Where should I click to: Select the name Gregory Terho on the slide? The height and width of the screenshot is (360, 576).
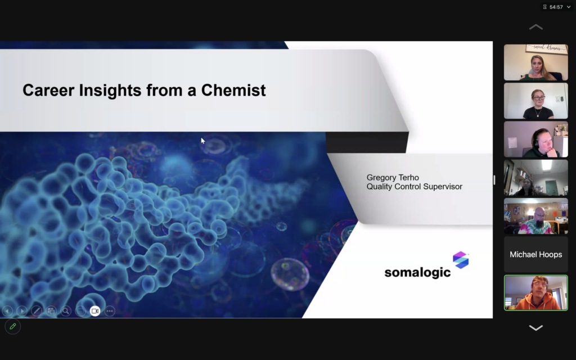pos(393,178)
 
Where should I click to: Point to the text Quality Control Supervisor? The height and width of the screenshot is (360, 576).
pos(415,187)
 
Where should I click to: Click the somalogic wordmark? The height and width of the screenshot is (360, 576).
pos(417,272)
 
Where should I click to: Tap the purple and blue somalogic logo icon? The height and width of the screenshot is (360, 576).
pos(461,260)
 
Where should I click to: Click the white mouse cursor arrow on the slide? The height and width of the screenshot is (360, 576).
pos(202,141)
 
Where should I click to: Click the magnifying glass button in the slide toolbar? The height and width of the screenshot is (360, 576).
pos(66,311)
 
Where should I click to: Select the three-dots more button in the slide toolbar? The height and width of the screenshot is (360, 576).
pos(110,311)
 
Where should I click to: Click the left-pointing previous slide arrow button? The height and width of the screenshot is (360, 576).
pos(7,311)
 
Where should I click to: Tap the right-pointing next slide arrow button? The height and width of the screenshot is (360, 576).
pos(22,311)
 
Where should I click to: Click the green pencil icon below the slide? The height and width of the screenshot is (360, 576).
pos(13,326)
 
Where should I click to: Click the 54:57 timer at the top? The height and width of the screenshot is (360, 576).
pos(556,7)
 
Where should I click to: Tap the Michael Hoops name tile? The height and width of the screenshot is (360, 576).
pos(536,254)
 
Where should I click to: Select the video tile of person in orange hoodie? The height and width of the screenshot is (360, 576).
pos(536,292)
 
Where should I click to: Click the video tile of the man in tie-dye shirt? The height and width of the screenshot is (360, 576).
pos(536,216)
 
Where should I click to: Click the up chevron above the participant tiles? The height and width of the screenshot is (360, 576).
pos(536,27)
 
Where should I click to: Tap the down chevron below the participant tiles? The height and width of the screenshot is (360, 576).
pos(536,328)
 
